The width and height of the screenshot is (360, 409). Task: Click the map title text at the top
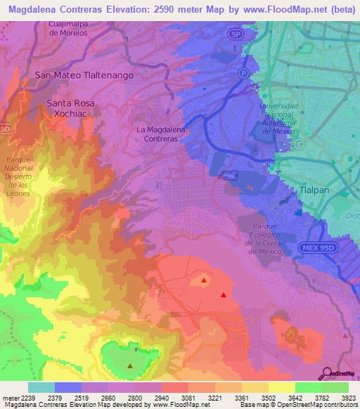pos(179,8)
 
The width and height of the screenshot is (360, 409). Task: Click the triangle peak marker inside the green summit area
pos(130,365)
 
